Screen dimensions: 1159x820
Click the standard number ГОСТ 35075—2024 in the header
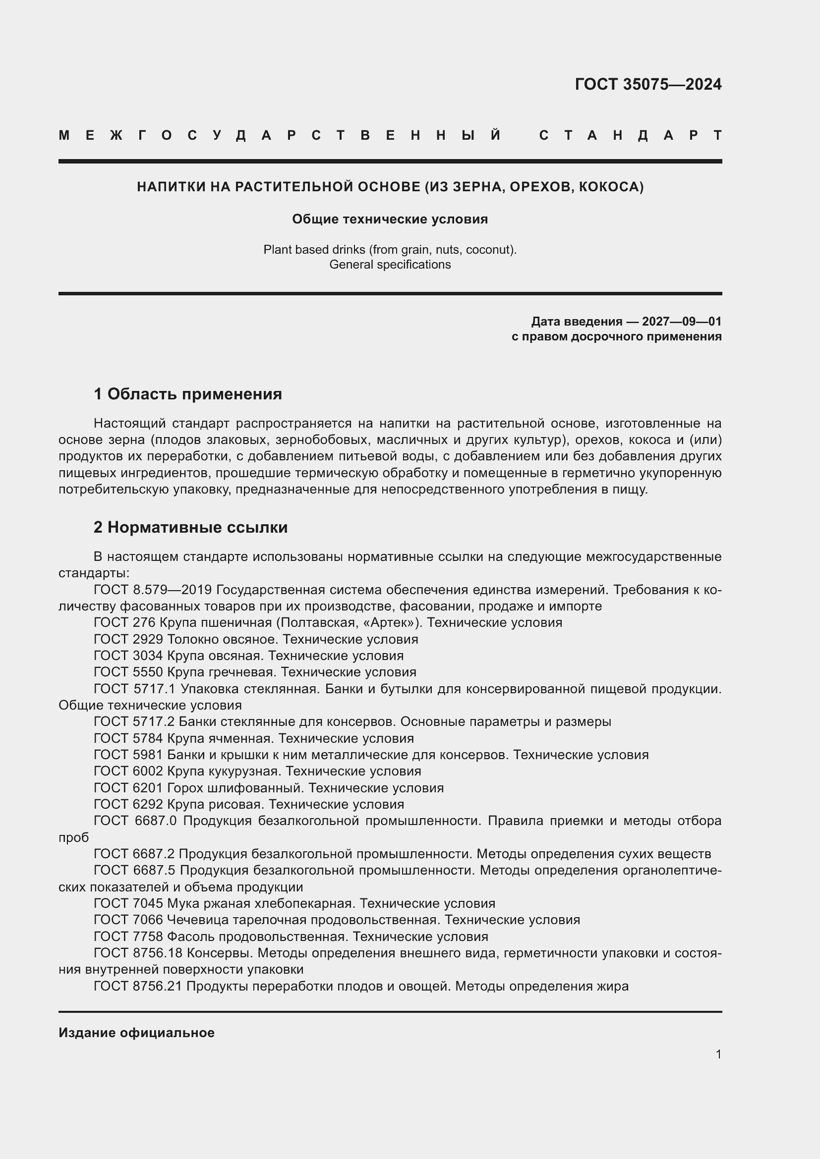pos(648,84)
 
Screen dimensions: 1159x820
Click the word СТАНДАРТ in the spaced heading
pos(630,135)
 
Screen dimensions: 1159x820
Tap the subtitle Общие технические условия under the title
pos(390,219)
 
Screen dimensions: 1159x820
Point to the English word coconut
pos(489,249)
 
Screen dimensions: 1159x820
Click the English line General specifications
pos(390,265)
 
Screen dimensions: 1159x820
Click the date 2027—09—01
pos(681,322)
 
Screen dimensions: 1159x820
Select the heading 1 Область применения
pos(187,394)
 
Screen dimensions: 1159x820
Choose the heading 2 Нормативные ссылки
pos(190,527)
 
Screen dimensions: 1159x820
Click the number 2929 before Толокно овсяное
pos(148,639)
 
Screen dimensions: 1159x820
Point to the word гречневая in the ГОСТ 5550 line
pos(241,672)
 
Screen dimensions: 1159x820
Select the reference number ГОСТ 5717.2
pos(134,721)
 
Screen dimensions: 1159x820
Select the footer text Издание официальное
pos(136,1032)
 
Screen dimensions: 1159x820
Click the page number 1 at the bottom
pos(718,1054)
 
